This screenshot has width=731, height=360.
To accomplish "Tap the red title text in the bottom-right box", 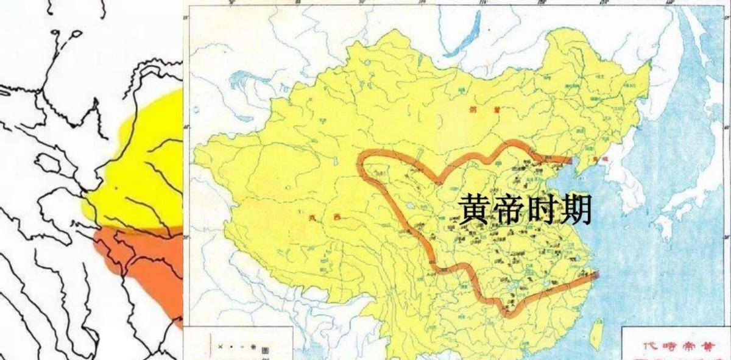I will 676,345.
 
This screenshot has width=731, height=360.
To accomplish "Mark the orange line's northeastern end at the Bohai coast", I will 569,160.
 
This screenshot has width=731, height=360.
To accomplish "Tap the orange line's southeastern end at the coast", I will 596,275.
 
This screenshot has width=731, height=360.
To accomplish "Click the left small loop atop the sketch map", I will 59,37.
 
